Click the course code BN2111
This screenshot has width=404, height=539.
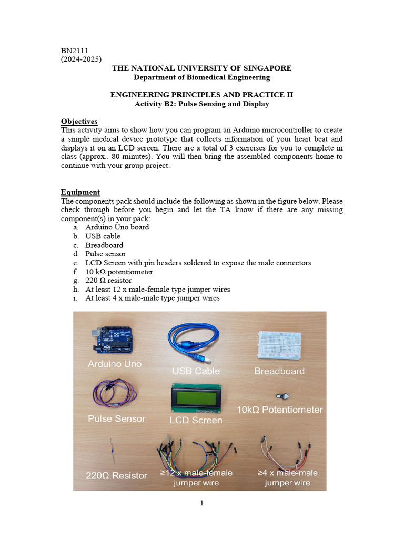pos(74,51)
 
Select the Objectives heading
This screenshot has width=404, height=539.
pos(79,122)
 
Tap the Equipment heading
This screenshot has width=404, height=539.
pos(80,192)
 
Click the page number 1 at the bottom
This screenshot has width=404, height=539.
pos(201,503)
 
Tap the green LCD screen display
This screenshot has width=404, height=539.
pos(195,398)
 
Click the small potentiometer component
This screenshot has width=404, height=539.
pos(280,396)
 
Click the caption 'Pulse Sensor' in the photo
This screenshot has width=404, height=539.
pos(116,419)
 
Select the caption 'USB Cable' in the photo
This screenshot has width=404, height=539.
pos(196,371)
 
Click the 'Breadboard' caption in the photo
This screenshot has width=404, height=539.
pos(279,371)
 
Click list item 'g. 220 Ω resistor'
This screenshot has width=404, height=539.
pos(110,281)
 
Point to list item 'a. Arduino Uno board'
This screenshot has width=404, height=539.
pos(117,227)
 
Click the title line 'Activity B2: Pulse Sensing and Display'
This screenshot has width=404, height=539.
pos(201,104)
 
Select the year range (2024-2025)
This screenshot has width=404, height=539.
pos(82,59)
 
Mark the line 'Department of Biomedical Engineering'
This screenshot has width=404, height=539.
pos(201,77)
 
